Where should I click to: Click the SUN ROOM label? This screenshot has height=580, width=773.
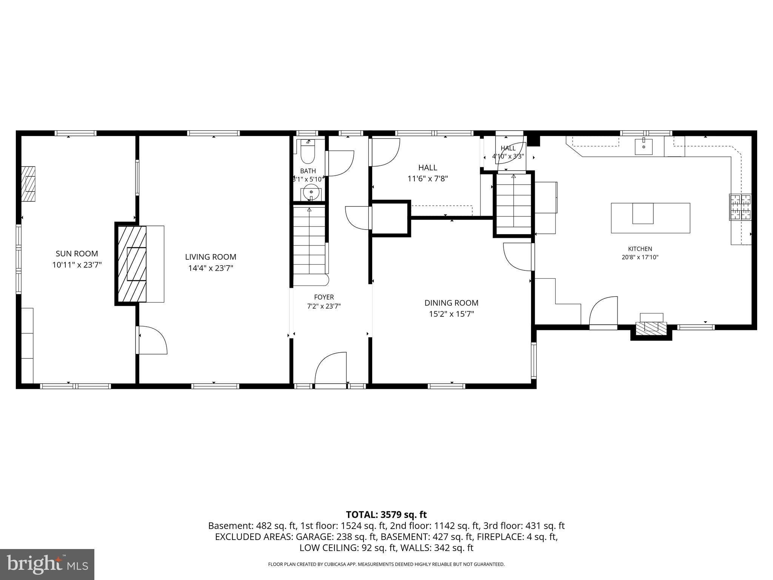77,254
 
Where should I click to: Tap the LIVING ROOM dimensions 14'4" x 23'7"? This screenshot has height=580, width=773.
211,268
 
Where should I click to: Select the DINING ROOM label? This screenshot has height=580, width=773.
451,303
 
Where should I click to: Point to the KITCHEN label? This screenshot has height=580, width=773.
640,249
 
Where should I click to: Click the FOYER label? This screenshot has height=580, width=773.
324,298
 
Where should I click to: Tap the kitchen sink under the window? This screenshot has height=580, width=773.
644,147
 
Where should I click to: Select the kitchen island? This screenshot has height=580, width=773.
651,218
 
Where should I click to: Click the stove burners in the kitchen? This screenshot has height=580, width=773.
740,207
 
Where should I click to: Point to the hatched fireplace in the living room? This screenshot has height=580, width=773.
132,264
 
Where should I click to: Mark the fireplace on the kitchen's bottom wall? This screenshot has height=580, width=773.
651,326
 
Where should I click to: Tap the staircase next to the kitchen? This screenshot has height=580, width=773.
513,204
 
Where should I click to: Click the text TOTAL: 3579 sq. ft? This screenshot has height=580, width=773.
386,514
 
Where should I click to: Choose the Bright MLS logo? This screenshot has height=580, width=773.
47,564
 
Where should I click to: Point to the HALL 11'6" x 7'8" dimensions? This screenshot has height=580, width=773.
428,179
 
